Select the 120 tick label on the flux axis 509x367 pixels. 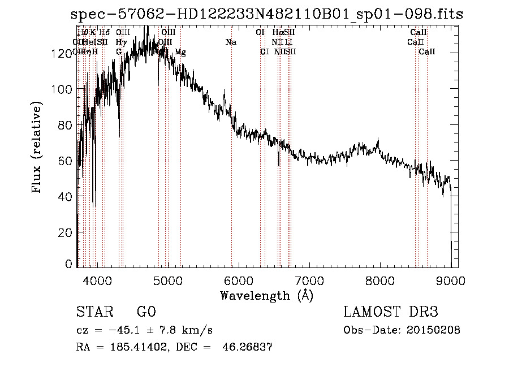point(64,53)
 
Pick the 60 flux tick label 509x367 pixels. point(67,161)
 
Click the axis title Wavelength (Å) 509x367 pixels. point(266,295)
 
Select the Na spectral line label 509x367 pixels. point(231,42)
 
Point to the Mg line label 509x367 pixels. point(180,52)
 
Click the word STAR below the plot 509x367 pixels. point(94,312)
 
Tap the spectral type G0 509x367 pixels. point(146,312)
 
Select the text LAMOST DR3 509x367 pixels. point(390,312)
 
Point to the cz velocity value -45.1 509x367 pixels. point(120,330)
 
